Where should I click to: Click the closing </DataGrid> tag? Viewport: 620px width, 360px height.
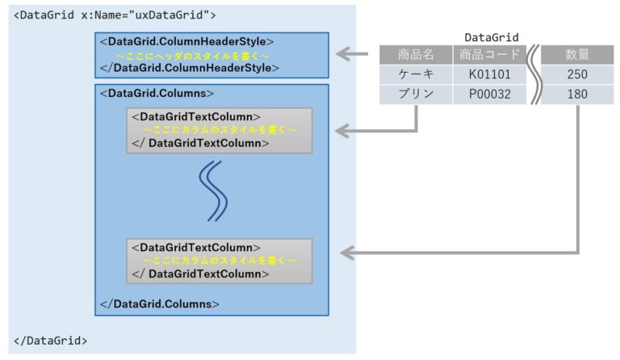[x=51, y=340]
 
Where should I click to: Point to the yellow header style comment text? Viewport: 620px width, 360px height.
[x=192, y=55]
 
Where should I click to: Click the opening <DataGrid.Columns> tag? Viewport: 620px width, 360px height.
[x=157, y=93]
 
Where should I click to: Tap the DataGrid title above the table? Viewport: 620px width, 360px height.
[x=492, y=37]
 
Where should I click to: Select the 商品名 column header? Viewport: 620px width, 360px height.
[x=416, y=55]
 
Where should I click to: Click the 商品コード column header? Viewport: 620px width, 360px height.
[x=489, y=55]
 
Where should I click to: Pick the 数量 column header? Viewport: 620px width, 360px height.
[x=576, y=55]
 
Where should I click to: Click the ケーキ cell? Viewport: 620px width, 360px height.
[x=416, y=74]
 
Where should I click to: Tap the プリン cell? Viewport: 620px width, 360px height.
[x=416, y=94]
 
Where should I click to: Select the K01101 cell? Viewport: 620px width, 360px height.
[x=489, y=74]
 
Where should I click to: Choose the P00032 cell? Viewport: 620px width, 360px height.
[x=489, y=94]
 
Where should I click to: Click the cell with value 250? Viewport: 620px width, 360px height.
[x=576, y=74]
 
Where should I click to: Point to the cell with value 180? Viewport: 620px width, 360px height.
[x=576, y=94]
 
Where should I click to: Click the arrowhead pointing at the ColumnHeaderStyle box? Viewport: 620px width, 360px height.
[x=342, y=55]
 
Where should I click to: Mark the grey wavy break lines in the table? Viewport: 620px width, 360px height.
[x=533, y=74]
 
